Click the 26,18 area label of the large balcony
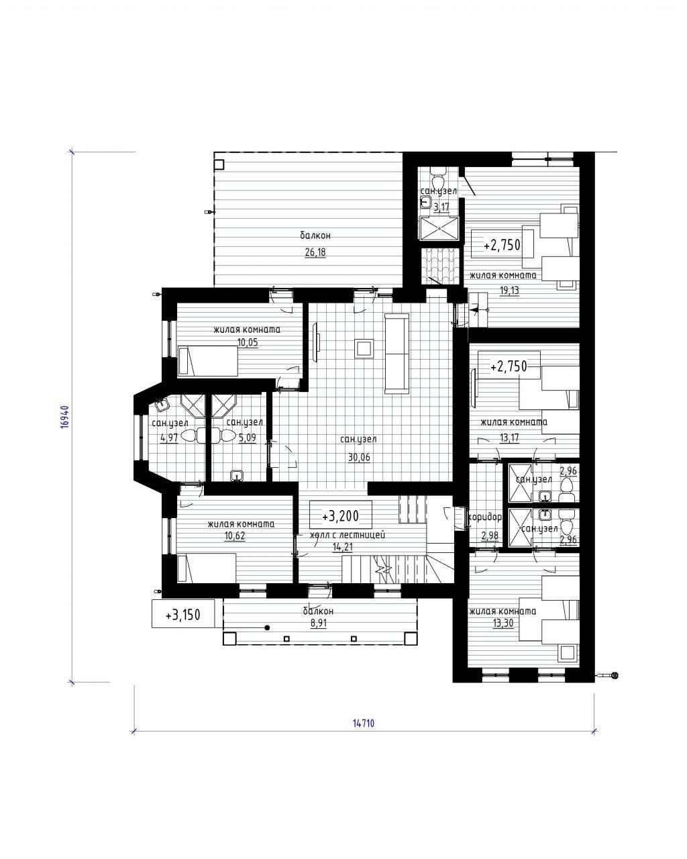coord(315,252)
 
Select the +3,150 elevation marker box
coord(183,614)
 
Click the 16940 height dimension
coord(66,417)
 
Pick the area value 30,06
coord(360,457)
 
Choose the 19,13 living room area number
coord(510,290)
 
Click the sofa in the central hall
coord(397,354)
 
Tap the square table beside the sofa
coord(364,348)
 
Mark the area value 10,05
coord(248,342)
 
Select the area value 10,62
coord(235,536)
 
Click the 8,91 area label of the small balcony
coord(319,624)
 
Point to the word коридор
coord(484,517)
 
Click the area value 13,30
coord(503,623)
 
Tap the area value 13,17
coord(509,438)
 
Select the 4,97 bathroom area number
coord(169,438)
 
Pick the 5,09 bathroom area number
coord(248,438)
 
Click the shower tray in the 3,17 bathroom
coord(439,229)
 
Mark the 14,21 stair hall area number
coord(343,547)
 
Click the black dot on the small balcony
coord(268,628)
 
